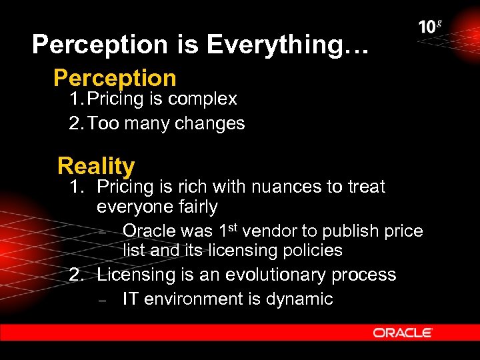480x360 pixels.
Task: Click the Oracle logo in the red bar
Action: coord(403,333)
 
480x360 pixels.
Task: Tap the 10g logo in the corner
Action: coord(430,27)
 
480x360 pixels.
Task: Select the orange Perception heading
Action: coord(115,78)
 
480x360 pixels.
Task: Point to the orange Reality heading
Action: coord(96,165)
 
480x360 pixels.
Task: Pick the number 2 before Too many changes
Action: coord(73,123)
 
